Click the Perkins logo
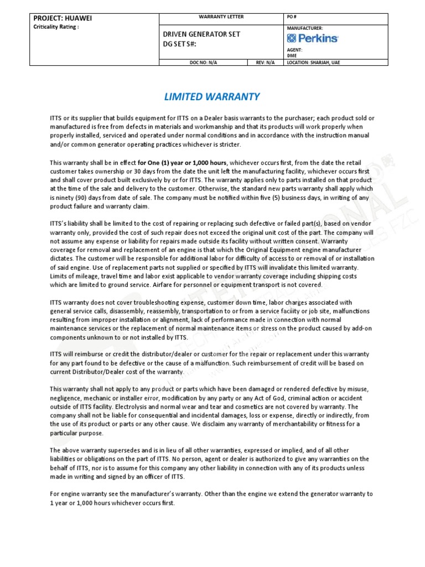[x=313, y=38]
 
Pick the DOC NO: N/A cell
[x=203, y=63]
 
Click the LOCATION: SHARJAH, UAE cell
[x=314, y=63]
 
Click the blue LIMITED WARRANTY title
[x=212, y=97]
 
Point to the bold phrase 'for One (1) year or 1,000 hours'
[x=182, y=163]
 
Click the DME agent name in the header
[x=292, y=55]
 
